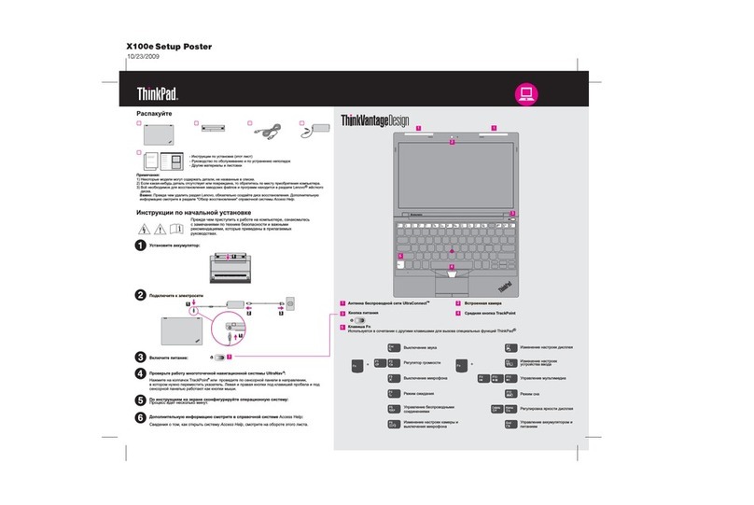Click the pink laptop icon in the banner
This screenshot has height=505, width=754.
[x=526, y=93]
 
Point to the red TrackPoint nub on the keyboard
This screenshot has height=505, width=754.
[x=452, y=251]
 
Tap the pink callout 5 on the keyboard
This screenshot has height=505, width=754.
[x=400, y=256]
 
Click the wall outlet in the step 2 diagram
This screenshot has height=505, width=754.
[x=290, y=304]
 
